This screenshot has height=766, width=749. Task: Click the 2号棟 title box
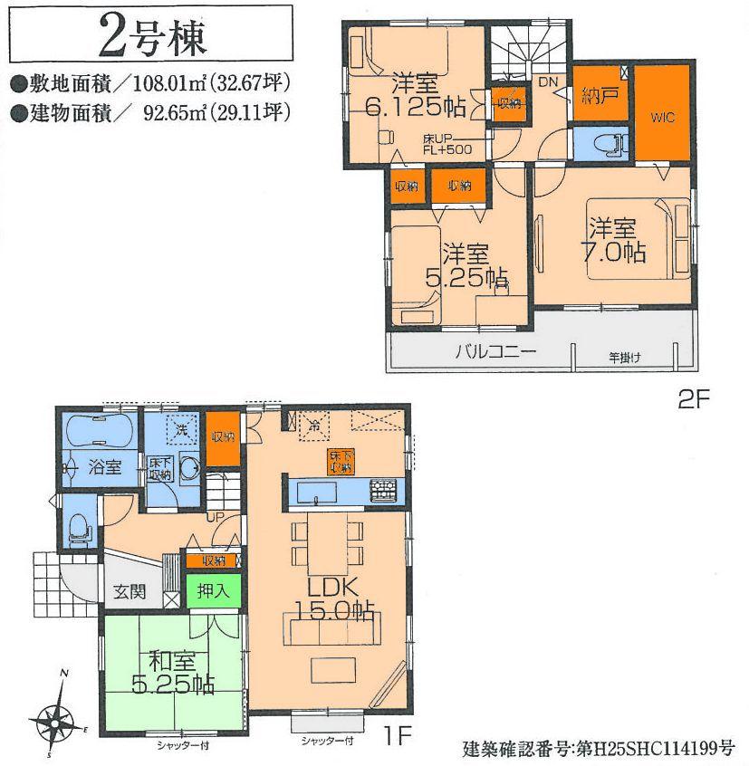[x=149, y=37]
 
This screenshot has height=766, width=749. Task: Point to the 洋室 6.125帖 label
[x=416, y=95]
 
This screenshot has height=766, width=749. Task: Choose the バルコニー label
[x=495, y=352]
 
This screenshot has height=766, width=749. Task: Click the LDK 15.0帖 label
[x=330, y=598]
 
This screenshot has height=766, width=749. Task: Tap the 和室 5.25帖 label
[x=171, y=673]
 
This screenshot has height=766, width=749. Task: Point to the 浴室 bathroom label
[x=104, y=466]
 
